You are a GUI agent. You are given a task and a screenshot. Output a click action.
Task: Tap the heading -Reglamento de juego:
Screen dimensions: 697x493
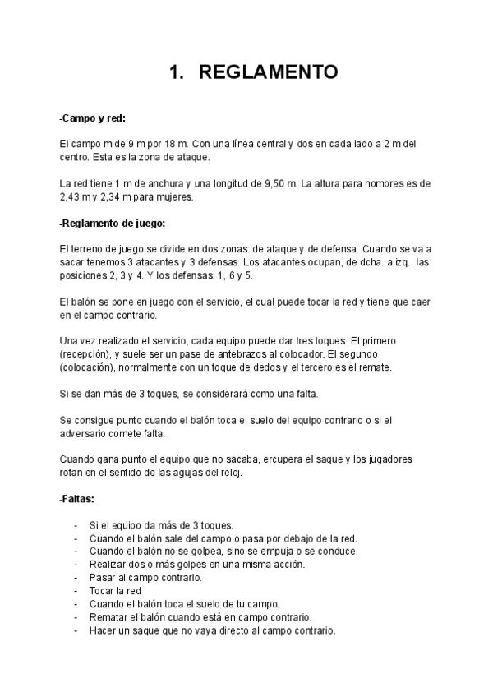click(113, 223)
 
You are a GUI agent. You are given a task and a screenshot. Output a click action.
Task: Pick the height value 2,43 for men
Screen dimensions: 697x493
click(73, 197)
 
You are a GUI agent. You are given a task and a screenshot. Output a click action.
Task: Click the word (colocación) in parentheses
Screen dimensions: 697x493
click(90, 367)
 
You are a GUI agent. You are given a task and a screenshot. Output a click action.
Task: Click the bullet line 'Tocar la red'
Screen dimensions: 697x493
click(115, 591)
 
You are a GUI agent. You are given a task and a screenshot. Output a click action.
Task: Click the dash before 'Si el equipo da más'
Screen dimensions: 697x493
click(76, 525)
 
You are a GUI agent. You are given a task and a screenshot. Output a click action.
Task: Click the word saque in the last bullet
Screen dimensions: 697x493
click(156, 630)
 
